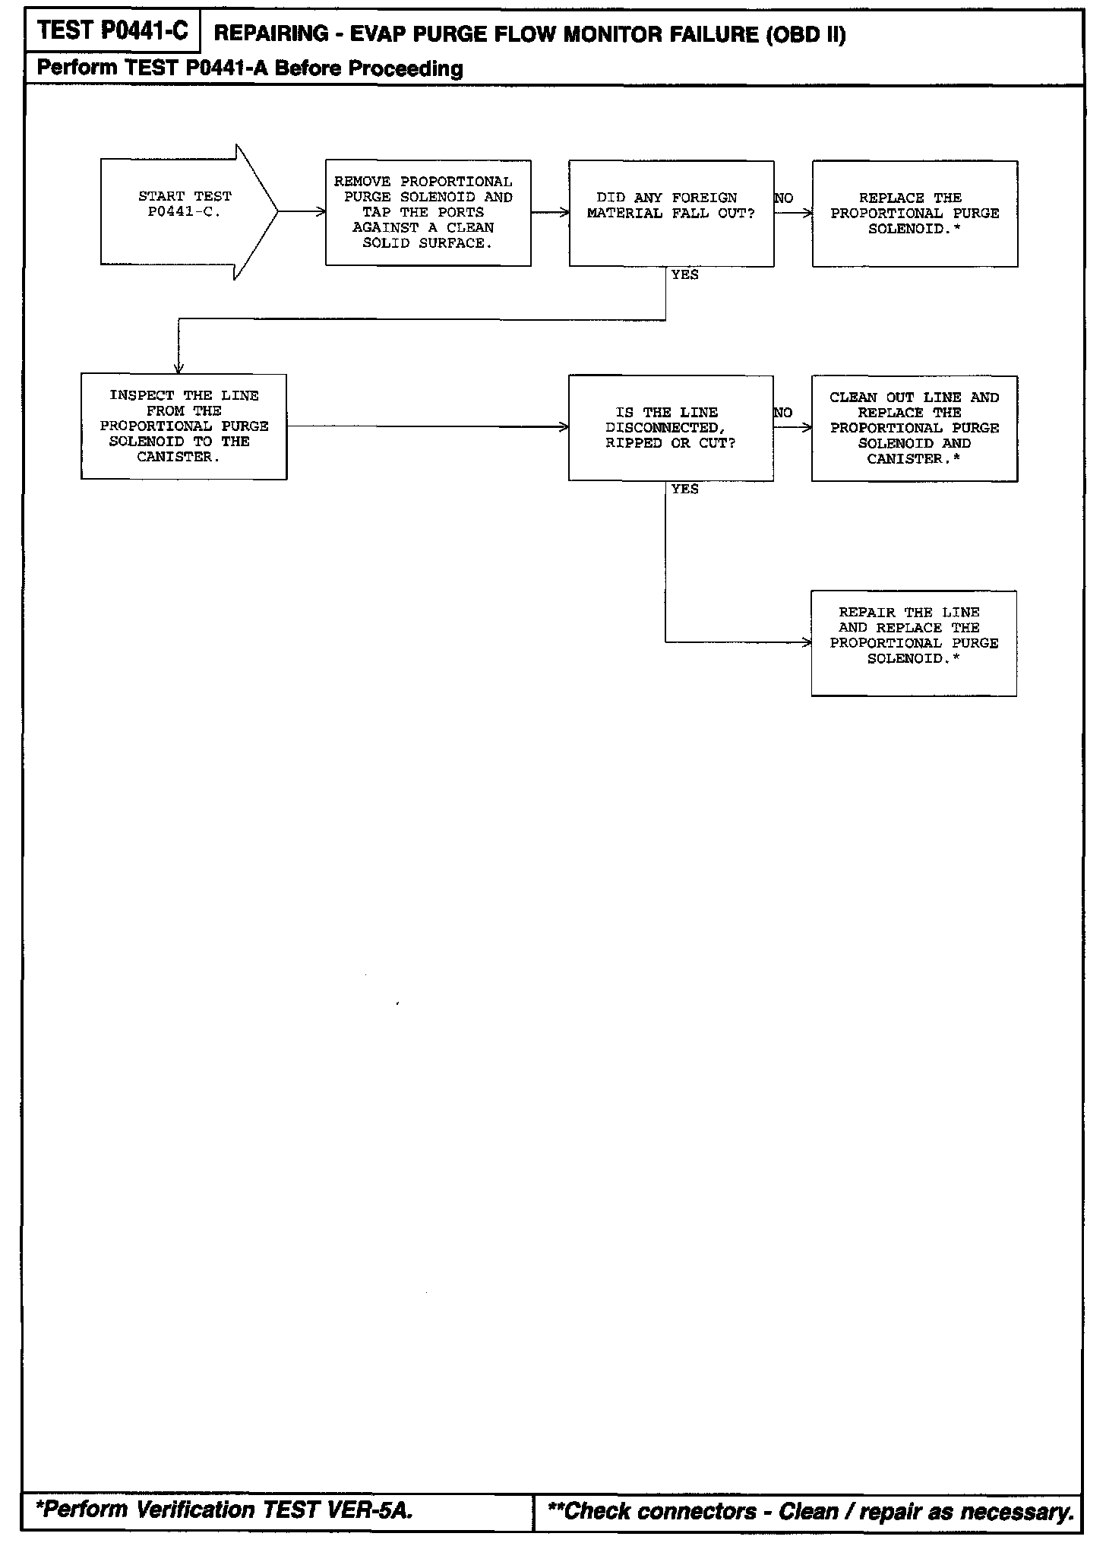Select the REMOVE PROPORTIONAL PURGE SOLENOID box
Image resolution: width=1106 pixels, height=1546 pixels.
pyautogui.click(x=428, y=213)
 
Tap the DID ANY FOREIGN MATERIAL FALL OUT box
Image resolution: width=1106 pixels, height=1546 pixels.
pyautogui.click(x=671, y=214)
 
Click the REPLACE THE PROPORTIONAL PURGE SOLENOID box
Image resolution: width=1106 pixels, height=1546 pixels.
pyautogui.click(x=915, y=214)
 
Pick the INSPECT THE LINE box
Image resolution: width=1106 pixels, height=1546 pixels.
pyautogui.click(x=184, y=426)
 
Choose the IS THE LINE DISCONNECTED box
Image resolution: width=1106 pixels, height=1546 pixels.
pyautogui.click(x=671, y=428)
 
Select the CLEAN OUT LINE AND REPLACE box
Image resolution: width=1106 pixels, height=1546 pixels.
pyautogui.click(x=914, y=428)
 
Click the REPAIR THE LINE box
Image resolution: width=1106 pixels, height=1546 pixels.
pyautogui.click(x=914, y=643)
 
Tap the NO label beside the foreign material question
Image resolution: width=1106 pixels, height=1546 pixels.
pyautogui.click(x=784, y=198)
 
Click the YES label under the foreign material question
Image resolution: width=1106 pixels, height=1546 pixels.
pyautogui.click(x=684, y=275)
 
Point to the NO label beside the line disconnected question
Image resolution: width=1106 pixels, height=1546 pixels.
pyautogui.click(x=783, y=413)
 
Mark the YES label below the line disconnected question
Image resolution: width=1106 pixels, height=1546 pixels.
pyautogui.click(x=684, y=489)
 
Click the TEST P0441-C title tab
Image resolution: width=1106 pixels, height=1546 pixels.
pyautogui.click(x=112, y=31)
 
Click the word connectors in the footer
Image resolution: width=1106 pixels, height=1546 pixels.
pyautogui.click(x=700, y=1511)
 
